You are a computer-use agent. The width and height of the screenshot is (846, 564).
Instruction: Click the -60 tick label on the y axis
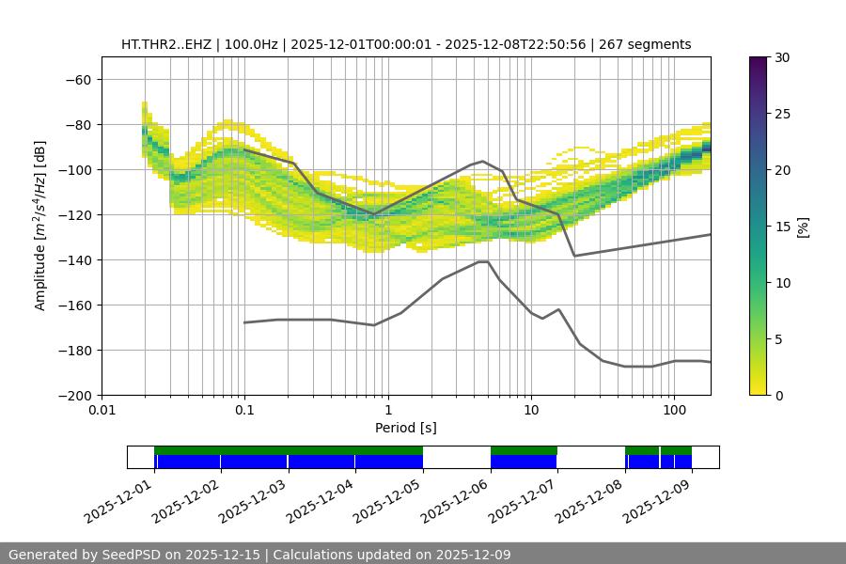pyautogui.click(x=79, y=80)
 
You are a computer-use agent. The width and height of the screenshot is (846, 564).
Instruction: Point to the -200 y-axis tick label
pyautogui.click(x=75, y=396)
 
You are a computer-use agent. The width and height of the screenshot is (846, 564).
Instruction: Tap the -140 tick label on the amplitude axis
pyautogui.click(x=75, y=260)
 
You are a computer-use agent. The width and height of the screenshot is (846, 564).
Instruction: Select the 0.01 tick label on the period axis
pyautogui.click(x=102, y=411)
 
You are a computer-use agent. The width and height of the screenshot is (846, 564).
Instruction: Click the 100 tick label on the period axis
pyautogui.click(x=673, y=411)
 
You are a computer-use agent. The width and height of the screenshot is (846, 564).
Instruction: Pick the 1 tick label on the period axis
pyautogui.click(x=387, y=411)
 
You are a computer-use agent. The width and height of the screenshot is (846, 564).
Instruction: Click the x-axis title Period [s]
pyautogui.click(x=405, y=428)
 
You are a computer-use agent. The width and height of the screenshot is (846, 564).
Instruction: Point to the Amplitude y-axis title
pyautogui.click(x=40, y=227)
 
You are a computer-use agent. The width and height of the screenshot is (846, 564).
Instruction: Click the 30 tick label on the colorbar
pyautogui.click(x=781, y=57)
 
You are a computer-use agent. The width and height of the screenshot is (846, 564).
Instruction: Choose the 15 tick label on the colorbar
pyautogui.click(x=781, y=227)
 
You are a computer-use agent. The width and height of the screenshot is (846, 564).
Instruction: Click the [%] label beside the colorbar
pyautogui.click(x=803, y=227)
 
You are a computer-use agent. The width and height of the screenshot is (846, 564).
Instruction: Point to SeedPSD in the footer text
pyautogui.click(x=127, y=555)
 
